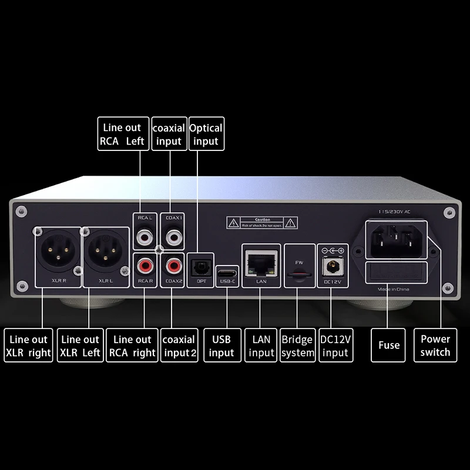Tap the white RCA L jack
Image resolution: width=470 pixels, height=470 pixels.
coord(144,238)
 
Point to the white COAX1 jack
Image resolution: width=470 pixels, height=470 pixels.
coord(173,238)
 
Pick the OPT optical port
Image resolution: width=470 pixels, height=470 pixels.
coord(200,266)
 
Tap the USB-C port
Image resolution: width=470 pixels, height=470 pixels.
coord(227,273)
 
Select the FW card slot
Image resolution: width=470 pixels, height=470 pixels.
coord(300,274)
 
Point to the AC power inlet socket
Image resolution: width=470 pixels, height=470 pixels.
coord(396,239)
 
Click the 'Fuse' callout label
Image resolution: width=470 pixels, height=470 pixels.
coord(389,345)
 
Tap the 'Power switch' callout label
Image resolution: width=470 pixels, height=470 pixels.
coord(435,345)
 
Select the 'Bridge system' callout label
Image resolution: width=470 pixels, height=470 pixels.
coord(297,345)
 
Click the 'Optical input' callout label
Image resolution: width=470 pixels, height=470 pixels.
coord(206,134)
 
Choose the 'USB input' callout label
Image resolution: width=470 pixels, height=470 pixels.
coord(221,345)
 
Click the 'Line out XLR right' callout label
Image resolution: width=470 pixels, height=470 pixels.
coord(28,345)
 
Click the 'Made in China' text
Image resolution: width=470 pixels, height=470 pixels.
coord(394,290)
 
